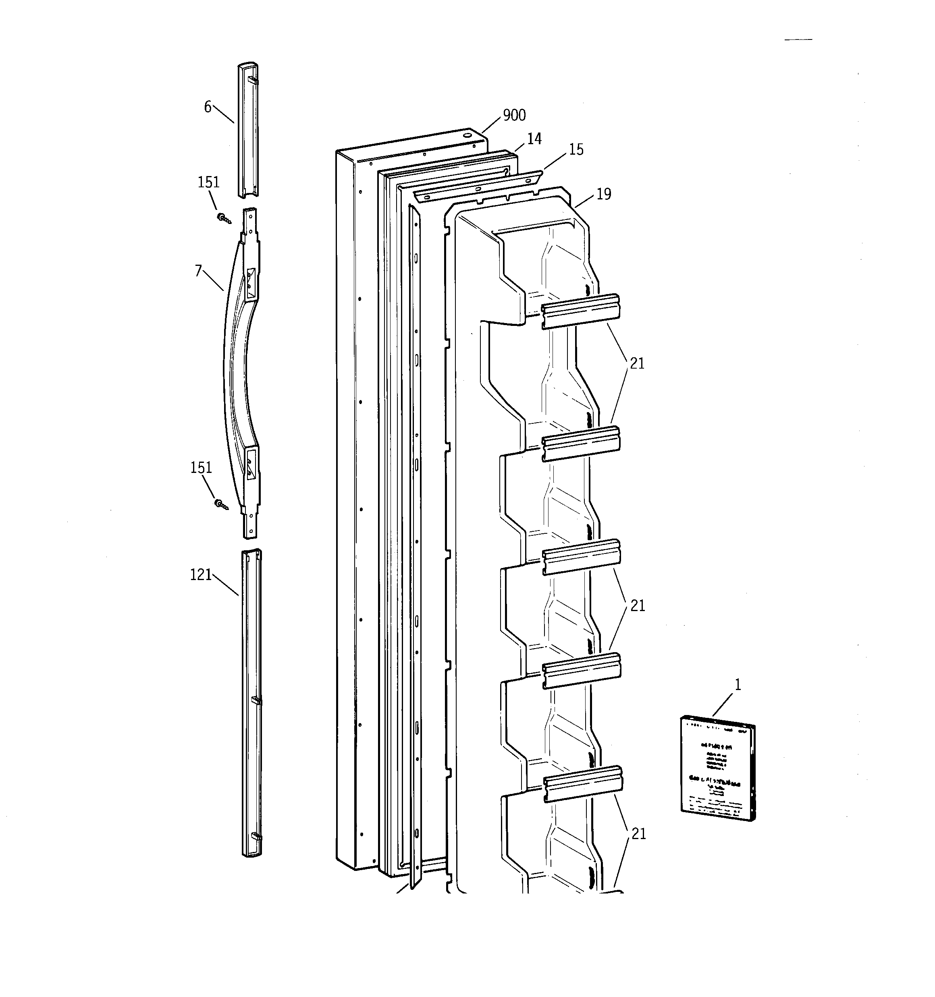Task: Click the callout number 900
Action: tap(514, 115)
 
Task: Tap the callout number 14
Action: tap(534, 139)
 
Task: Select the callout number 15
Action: tap(576, 149)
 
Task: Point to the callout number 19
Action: tap(604, 194)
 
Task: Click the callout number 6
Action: tap(207, 107)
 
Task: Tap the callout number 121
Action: tap(201, 575)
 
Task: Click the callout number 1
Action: tap(737, 684)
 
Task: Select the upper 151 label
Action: tap(208, 182)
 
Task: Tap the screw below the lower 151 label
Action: tap(221, 504)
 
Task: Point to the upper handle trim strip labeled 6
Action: tap(247, 131)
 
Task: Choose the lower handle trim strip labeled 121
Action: tap(251, 702)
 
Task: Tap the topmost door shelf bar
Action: tap(580, 311)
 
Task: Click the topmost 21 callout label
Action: tap(637, 364)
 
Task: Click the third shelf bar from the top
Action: tap(581, 557)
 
